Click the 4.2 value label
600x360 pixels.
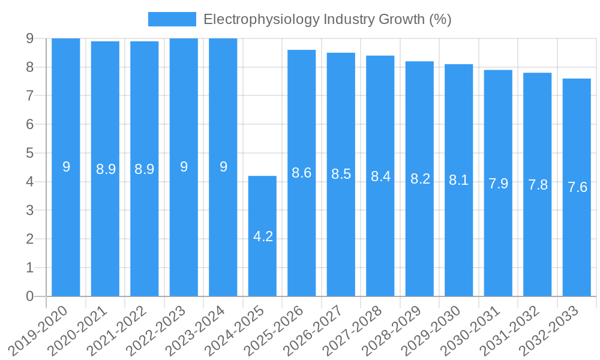263,236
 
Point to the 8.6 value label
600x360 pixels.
302,173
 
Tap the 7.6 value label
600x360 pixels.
577,187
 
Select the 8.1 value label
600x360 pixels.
459,180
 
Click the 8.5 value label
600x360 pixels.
341,174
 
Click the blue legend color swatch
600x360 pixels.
172,19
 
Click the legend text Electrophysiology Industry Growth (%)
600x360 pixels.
327,19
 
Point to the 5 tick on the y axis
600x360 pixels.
29,153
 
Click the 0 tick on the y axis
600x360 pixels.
29,296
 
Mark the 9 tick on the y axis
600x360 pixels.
29,38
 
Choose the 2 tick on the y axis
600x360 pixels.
29,239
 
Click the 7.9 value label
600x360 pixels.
498,183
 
